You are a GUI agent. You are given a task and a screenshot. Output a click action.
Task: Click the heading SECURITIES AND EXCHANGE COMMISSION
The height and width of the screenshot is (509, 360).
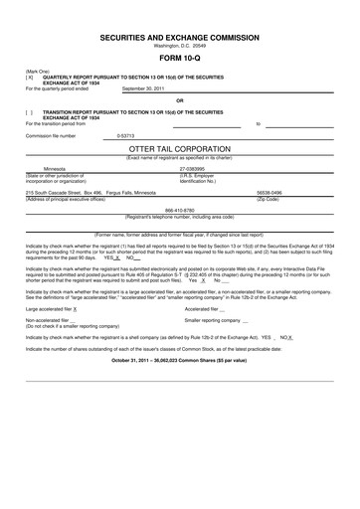pos(179,36)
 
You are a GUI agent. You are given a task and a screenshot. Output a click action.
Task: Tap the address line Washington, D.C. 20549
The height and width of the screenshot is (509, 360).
pos(179,46)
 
